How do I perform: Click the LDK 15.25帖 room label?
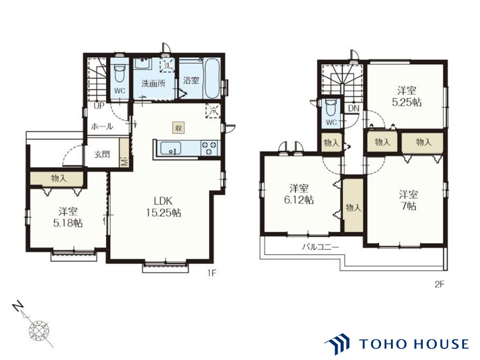coord(163,207)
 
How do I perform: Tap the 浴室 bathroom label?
coord(191,80)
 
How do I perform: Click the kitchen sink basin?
coord(170,148)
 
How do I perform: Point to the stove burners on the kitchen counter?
coord(210,148)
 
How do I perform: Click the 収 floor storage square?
coord(178,128)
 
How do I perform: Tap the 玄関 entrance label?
coord(102,154)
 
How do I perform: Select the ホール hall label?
coord(102,126)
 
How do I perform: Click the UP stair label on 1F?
coord(99,106)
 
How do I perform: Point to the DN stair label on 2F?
coord(353,108)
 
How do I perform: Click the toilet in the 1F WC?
coord(119,73)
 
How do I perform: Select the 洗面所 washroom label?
coord(153,83)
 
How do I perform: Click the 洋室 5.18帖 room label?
coord(68,217)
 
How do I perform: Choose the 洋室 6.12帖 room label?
coord(299,194)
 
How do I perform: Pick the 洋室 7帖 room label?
coord(408,200)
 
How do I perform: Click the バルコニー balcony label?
coord(320,247)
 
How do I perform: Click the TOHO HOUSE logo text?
coord(414,344)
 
